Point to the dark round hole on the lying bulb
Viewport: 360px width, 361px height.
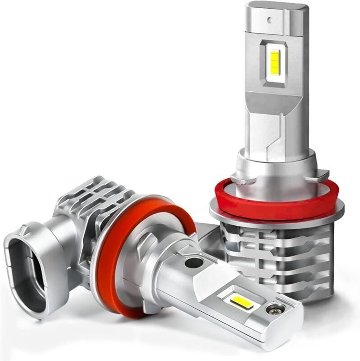[x=194, y=263]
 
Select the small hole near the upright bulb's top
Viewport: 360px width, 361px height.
[x=270, y=20]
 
